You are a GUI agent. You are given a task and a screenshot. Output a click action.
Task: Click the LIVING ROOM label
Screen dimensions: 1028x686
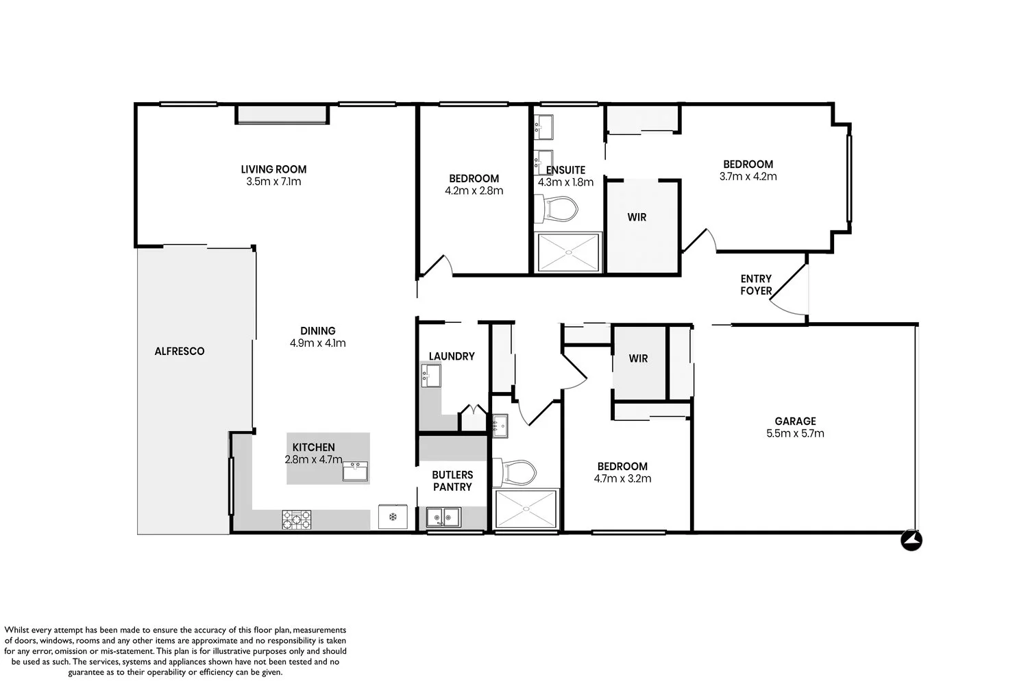tap(273, 169)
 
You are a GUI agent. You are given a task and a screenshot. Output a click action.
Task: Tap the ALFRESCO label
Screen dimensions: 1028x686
tap(180, 352)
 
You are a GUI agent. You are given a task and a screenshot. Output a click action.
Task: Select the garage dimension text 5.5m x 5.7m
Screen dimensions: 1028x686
tap(795, 433)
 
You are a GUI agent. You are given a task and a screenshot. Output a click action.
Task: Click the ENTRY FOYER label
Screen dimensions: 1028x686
tap(756, 285)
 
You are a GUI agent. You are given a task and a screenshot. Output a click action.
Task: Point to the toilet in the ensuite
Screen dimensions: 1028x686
tap(556, 209)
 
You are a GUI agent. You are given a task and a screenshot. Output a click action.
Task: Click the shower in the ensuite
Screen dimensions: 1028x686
tap(568, 252)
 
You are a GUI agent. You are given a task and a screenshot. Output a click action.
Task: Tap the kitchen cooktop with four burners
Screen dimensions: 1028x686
tap(297, 520)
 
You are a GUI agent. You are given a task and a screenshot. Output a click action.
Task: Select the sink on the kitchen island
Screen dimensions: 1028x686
tap(355, 471)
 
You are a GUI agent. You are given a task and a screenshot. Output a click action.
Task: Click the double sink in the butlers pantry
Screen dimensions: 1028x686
tap(443, 517)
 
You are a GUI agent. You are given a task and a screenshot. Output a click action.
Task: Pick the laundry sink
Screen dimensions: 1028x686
tap(431, 376)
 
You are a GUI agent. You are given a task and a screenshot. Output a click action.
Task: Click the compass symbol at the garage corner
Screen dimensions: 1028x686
tap(911, 540)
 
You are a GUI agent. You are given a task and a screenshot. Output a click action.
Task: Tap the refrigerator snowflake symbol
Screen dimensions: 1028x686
tap(393, 517)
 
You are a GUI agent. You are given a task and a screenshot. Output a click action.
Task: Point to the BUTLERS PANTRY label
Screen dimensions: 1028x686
tap(452, 481)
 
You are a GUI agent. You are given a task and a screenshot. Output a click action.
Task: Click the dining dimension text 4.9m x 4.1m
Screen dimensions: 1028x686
tap(317, 343)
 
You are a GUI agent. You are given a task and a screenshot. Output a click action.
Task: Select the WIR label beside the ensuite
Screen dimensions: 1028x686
tap(637, 217)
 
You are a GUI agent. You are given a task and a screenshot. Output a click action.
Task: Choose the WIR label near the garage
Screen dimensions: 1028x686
tap(638, 359)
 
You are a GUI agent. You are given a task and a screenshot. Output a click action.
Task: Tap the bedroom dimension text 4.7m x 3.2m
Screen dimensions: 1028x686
tap(623, 478)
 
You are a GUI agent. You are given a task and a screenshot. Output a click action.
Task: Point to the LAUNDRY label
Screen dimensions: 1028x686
tap(452, 356)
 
